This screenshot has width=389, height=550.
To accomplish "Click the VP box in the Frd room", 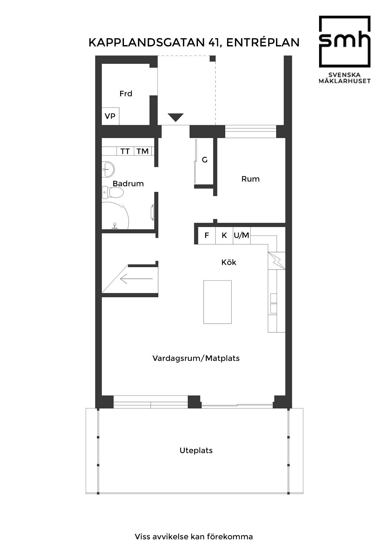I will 110,116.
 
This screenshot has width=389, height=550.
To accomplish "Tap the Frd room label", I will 126,93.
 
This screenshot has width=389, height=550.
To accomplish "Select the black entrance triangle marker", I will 175,117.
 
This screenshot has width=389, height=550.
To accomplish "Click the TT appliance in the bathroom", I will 125,151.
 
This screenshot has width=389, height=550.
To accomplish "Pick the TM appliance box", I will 143,151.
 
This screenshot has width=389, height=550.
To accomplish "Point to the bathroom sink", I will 108,169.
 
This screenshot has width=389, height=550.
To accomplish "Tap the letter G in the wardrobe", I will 205,160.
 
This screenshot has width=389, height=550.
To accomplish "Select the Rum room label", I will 250,179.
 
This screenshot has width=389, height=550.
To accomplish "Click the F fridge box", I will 206,235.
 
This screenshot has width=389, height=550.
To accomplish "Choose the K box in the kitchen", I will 224,235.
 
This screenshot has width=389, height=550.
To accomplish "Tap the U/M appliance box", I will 242,235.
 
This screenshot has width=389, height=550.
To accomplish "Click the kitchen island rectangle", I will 217,302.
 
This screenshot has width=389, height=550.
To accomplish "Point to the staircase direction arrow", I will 137,278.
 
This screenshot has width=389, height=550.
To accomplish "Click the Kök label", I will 229,262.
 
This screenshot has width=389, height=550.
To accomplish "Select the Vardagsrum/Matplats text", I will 196,358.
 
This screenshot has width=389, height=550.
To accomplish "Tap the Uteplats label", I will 196,450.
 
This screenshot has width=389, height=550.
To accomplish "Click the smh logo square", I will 344,42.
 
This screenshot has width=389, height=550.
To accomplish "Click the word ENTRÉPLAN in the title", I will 263,42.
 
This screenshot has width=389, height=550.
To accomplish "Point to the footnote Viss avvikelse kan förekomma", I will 194,537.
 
